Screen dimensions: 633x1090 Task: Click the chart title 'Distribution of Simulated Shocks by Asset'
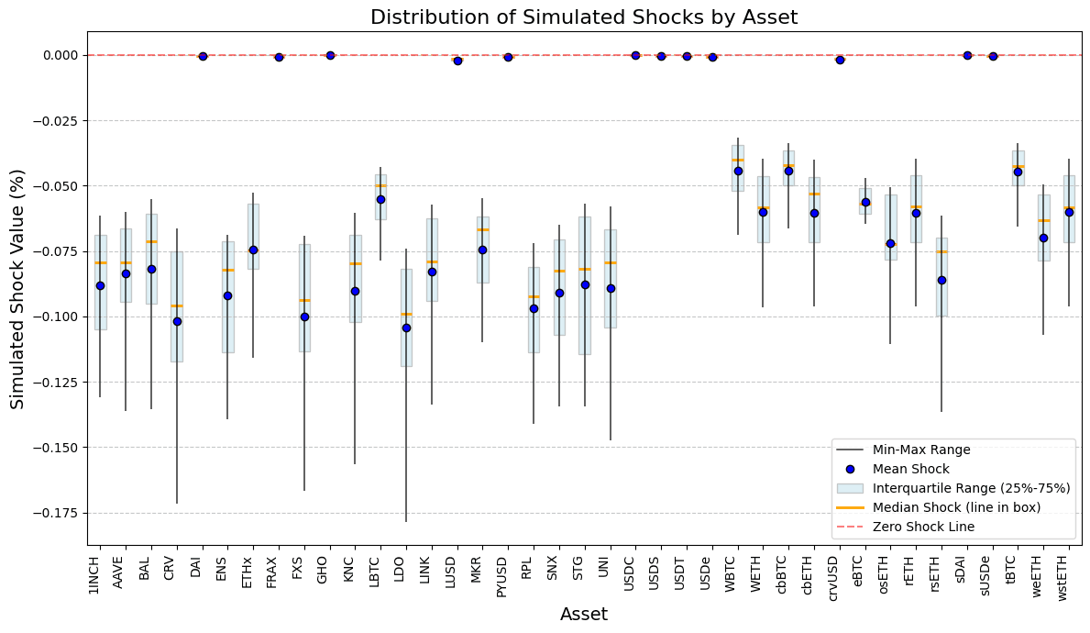click(583, 17)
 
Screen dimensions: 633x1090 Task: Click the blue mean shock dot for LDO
click(406, 328)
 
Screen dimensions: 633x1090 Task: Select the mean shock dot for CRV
click(177, 321)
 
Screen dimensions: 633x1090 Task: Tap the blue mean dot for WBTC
click(738, 171)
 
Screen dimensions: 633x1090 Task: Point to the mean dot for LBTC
click(380, 199)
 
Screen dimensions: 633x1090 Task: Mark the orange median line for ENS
click(227, 270)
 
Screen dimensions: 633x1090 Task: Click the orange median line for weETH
click(1043, 220)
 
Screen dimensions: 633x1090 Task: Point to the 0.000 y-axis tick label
click(61, 55)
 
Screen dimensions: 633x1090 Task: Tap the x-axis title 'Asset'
click(583, 615)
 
